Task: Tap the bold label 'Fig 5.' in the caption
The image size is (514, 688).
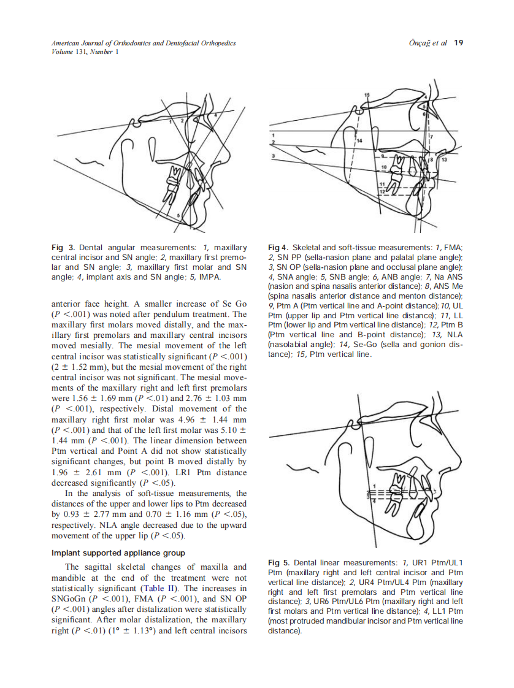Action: [x=279, y=562]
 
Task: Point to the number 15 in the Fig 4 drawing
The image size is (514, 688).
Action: [x=367, y=96]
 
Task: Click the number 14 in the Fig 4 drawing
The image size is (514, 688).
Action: [x=360, y=141]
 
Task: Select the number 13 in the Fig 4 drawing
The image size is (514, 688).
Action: [x=445, y=159]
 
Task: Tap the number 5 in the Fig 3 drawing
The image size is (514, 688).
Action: [x=178, y=216]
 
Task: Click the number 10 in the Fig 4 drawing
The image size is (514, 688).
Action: [x=384, y=167]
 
